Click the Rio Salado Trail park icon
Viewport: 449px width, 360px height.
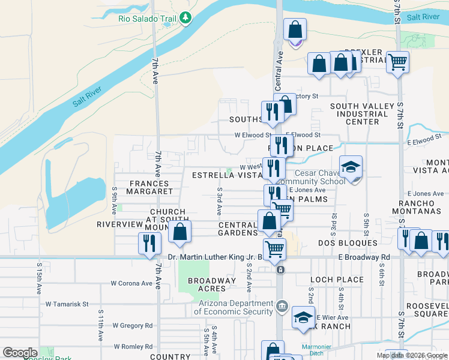point(186,18)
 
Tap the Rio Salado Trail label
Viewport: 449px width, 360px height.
point(147,18)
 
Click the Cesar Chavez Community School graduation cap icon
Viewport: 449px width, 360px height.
point(351,167)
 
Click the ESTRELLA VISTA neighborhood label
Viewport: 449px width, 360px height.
point(226,175)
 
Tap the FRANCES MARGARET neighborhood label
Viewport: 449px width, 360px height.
point(149,187)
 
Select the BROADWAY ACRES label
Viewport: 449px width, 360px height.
point(212,284)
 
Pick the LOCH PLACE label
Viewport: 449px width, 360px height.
point(337,280)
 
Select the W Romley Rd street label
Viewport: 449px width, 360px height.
point(132,346)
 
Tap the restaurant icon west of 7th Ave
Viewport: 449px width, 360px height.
point(149,242)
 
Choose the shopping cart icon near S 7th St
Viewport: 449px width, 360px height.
point(398,61)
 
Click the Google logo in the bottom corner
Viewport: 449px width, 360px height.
point(20,353)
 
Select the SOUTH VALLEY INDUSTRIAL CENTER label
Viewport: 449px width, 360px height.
point(363,114)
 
